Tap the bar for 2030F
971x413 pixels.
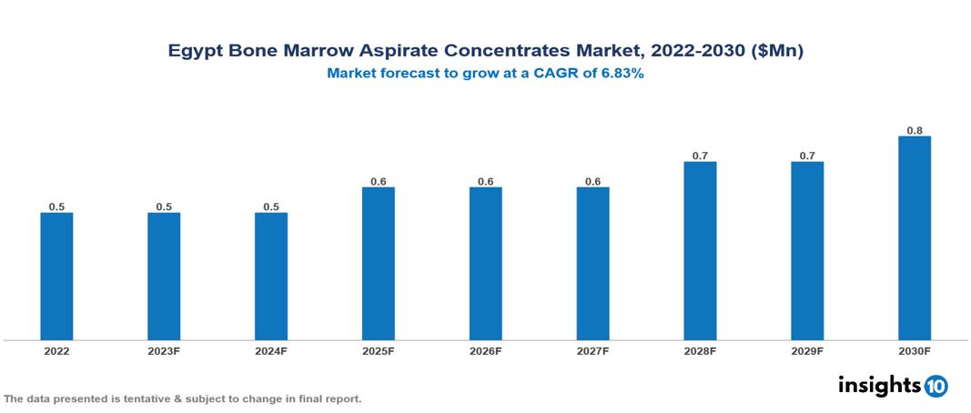tap(914, 238)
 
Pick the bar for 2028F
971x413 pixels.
tap(700, 251)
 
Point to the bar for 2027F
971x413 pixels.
tap(592, 264)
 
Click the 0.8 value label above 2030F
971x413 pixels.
tap(915, 131)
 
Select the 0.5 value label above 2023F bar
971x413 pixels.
tap(164, 207)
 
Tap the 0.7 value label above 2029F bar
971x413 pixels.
tap(807, 156)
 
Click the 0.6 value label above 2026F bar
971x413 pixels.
tap(485, 182)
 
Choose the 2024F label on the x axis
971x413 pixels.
tap(271, 351)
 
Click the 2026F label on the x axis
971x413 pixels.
tap(485, 351)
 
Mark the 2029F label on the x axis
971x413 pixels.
tap(807, 351)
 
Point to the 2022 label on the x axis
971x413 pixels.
tap(56, 351)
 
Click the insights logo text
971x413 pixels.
tap(878, 385)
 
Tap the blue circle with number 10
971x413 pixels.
tap(936, 386)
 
